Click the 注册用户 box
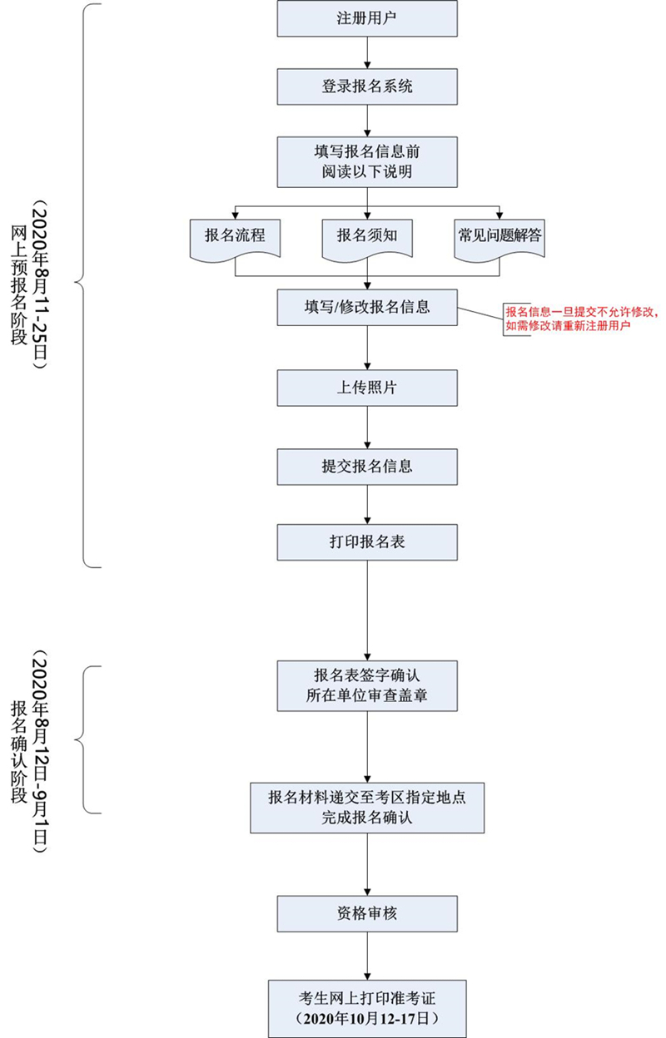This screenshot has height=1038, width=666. (367, 18)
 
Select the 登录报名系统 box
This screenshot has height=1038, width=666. (367, 86)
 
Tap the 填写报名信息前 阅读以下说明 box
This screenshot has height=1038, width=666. (367, 161)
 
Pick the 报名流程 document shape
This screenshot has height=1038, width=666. (235, 236)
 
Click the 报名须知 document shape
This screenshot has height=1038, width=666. (367, 236)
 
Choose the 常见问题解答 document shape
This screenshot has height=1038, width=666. (499, 236)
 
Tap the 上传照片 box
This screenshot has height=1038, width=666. (367, 388)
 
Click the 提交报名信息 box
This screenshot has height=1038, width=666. (367, 467)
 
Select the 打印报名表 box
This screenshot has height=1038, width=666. (367, 542)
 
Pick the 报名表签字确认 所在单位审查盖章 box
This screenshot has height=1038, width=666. (367, 685)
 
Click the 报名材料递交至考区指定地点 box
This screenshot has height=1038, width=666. (367, 807)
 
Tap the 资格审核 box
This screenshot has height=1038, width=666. (367, 913)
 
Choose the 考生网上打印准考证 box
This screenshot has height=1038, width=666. (367, 1007)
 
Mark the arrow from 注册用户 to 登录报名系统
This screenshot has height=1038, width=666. (367, 52)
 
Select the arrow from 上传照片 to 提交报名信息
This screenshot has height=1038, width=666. (367, 428)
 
